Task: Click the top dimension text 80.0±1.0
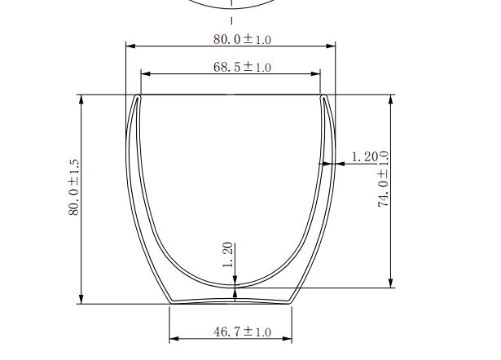(242, 38)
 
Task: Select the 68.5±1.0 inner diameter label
(242, 67)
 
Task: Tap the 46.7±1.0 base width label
(241, 332)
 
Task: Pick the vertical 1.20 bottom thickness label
(228, 255)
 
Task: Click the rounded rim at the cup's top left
(138, 98)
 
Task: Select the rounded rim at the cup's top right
(325, 98)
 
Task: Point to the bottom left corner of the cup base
(170, 302)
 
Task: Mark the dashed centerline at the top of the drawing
(232, 18)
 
